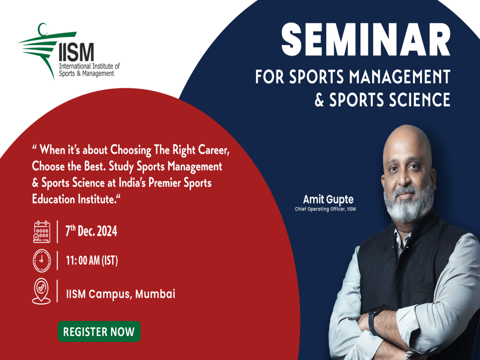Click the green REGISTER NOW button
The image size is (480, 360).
pos(99,332)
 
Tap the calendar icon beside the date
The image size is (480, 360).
pos(42,232)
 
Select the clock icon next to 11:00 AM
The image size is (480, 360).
pos(42,261)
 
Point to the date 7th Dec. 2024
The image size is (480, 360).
pos(91,232)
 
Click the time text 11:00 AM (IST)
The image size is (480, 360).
pos(91,261)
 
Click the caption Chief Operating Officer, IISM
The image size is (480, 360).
pos(325,209)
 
